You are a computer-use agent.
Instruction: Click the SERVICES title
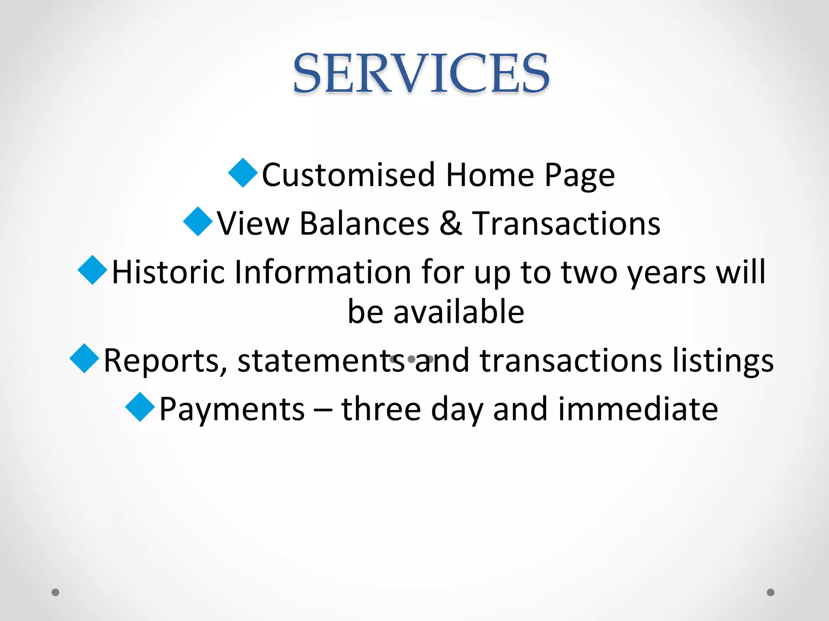pyautogui.click(x=421, y=74)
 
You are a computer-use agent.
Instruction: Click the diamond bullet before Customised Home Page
pyautogui.click(x=243, y=173)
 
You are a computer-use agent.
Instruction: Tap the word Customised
pyautogui.click(x=348, y=175)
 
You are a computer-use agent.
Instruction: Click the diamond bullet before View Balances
pyautogui.click(x=198, y=222)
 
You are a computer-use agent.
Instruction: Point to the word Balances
pyautogui.click(x=364, y=224)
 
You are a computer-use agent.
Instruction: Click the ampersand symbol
pyautogui.click(x=451, y=224)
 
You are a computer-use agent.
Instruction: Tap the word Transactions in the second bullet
pyautogui.click(x=566, y=224)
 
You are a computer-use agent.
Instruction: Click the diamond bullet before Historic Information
pyautogui.click(x=93, y=270)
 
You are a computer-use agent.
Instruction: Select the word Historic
pyautogui.click(x=168, y=272)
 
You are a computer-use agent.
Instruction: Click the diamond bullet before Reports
pyautogui.click(x=85, y=358)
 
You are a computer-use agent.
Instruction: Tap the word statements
pyautogui.click(x=321, y=361)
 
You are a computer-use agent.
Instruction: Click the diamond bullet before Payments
pyautogui.click(x=140, y=407)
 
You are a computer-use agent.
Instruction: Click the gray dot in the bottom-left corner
pyautogui.click(x=55, y=592)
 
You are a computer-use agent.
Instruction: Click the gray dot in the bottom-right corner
pyautogui.click(x=771, y=592)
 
